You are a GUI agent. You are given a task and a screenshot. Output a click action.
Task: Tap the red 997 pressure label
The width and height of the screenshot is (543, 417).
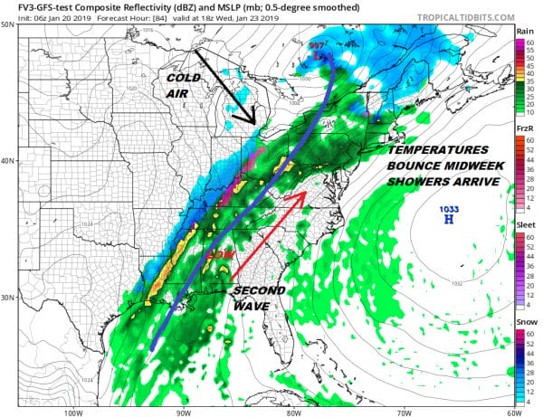[317, 45]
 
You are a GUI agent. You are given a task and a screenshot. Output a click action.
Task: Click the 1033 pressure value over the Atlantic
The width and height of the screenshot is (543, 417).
[448, 208]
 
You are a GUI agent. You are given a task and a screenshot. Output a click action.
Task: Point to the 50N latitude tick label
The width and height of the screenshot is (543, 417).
[7, 24]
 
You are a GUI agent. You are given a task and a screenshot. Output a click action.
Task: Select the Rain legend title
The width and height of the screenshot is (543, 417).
[523, 33]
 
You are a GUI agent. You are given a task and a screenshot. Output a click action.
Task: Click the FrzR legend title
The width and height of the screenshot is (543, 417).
[523, 129]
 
